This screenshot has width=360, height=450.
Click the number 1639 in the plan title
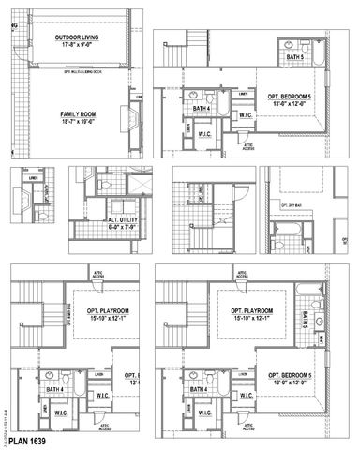pos(36,440)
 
